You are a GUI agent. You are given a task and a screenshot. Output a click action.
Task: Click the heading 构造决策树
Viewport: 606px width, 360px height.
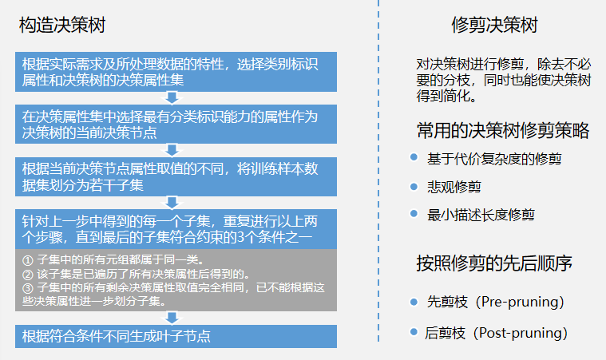[x=61, y=25]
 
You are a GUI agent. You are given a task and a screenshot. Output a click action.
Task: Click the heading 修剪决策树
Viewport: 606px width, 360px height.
[x=494, y=25]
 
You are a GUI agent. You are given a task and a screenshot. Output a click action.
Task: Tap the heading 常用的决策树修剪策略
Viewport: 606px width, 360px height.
[x=503, y=130]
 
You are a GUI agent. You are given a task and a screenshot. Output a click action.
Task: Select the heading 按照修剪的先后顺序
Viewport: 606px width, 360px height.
[x=494, y=263]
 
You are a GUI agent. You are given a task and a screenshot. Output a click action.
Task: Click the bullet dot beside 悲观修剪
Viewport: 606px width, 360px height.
[x=414, y=187]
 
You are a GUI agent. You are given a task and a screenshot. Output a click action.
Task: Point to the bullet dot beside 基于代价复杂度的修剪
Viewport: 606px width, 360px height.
[x=414, y=156]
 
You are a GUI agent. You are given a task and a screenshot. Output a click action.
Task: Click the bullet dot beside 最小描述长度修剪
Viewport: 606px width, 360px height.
[x=414, y=213]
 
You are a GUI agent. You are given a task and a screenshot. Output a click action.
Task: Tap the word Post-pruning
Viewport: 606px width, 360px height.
[x=521, y=333]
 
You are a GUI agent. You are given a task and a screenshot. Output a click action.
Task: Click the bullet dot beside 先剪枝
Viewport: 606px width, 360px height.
[x=414, y=302]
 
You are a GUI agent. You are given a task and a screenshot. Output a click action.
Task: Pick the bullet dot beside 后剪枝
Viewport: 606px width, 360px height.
[x=414, y=331]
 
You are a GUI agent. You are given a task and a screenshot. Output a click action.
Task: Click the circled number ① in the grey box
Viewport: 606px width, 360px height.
[x=27, y=260]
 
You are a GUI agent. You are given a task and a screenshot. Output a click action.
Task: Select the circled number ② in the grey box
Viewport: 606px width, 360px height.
[x=27, y=275]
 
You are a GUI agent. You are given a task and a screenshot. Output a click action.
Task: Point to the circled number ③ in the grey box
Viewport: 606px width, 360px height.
[x=27, y=288]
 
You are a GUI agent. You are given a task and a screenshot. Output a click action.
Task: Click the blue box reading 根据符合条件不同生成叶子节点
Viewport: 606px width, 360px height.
[x=176, y=336]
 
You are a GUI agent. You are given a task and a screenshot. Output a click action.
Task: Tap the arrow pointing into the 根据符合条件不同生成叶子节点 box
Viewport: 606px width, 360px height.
[x=172, y=318]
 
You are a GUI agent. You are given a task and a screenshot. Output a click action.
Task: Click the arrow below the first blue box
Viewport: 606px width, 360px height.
[x=172, y=97]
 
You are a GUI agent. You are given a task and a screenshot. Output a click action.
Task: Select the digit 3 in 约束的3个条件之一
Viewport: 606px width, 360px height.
[x=240, y=237]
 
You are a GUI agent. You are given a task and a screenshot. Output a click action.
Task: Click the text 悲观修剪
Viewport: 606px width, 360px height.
[x=454, y=187]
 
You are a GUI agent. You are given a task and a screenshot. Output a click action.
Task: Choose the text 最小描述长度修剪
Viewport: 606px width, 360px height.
[x=481, y=215]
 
